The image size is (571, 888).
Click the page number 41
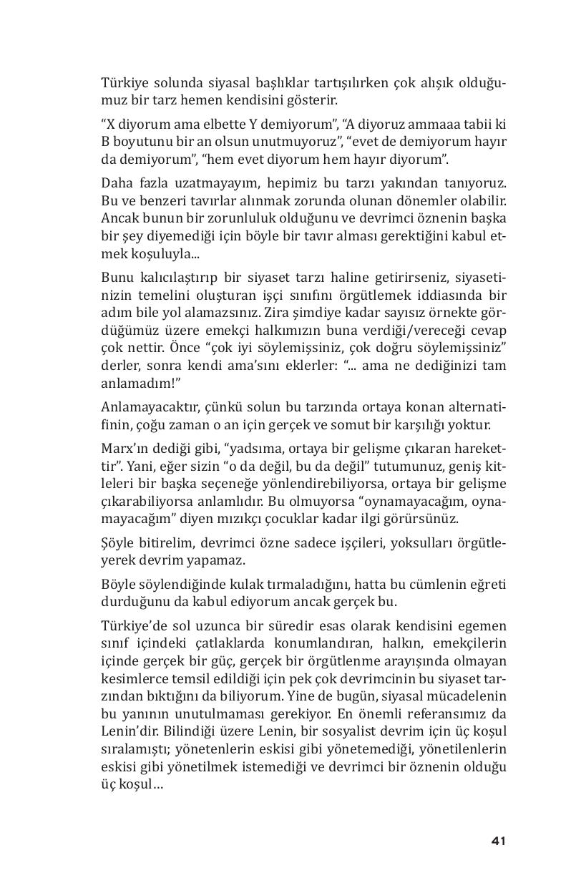[x=498, y=841]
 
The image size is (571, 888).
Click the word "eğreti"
[x=489, y=585]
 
